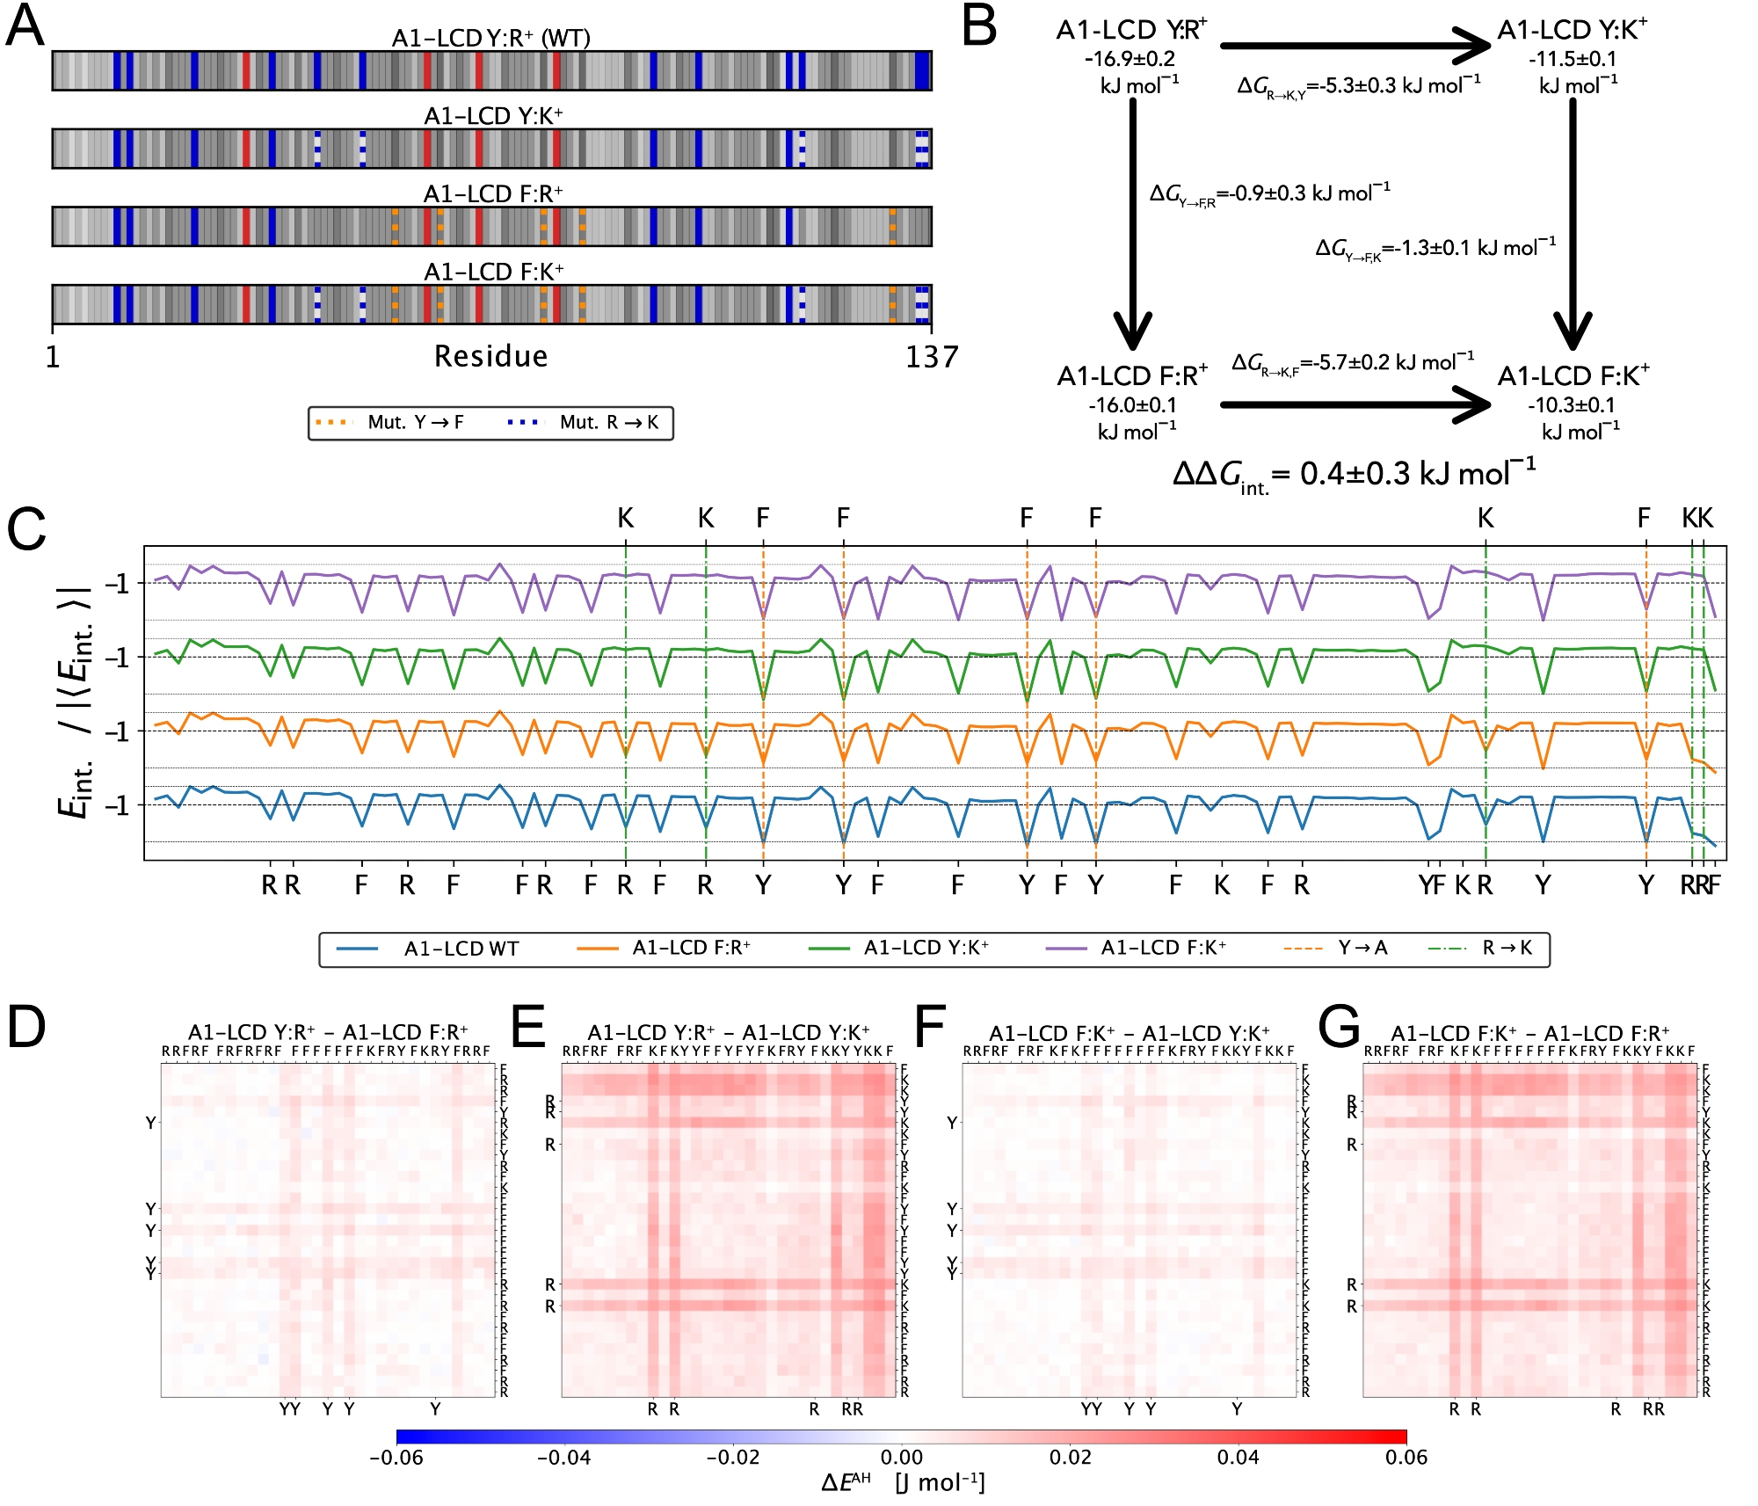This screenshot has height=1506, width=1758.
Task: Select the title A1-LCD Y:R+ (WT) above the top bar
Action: (x=490, y=38)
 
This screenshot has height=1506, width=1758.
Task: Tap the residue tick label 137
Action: (x=931, y=357)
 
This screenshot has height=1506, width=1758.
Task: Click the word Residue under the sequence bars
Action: (x=490, y=356)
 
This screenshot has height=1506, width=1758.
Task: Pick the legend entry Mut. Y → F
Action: (x=390, y=423)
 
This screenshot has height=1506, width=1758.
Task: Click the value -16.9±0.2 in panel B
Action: (x=1130, y=59)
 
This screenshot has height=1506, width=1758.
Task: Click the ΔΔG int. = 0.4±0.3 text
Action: (x=1354, y=475)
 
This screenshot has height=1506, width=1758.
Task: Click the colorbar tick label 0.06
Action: (x=1406, y=1458)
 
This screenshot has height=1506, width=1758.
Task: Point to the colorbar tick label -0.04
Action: (x=563, y=1458)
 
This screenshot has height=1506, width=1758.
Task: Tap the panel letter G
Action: (x=1339, y=1027)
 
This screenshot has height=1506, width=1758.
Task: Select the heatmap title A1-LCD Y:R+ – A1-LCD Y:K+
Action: (x=728, y=1032)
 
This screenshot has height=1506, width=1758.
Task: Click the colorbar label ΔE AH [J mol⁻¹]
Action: (x=903, y=1483)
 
